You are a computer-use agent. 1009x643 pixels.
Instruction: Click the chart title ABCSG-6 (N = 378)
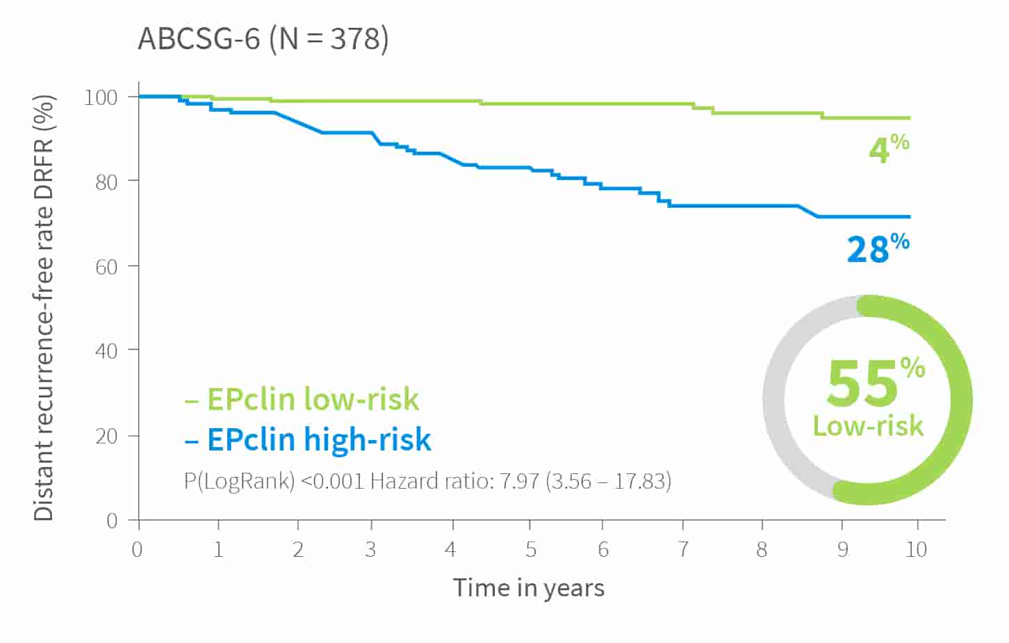point(263,39)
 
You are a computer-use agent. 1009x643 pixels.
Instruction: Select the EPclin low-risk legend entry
point(302,399)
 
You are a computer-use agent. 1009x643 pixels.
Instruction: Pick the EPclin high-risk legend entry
point(308,439)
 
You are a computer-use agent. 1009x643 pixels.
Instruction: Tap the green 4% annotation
point(889,148)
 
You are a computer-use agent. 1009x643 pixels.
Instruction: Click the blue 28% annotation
point(878,248)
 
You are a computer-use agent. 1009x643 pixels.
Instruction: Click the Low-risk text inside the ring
point(868,426)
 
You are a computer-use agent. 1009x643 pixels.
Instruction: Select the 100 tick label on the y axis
point(101,97)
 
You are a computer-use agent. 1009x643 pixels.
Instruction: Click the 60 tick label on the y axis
point(106,267)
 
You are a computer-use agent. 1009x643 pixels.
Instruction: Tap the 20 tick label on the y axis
point(106,436)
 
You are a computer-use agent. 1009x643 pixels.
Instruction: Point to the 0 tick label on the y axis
point(112,521)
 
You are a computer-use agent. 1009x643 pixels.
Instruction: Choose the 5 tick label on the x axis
point(531,550)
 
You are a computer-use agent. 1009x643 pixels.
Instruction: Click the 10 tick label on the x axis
point(916,550)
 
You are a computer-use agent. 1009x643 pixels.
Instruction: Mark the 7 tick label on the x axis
point(683,550)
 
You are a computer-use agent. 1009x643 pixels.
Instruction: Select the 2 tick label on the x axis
point(297,550)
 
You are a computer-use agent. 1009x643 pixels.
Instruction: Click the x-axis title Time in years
point(529,589)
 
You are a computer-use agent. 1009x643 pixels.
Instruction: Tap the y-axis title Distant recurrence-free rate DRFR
point(44,308)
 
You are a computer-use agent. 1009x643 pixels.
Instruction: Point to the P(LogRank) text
point(239,481)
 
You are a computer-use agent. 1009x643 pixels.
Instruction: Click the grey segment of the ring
point(774,399)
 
